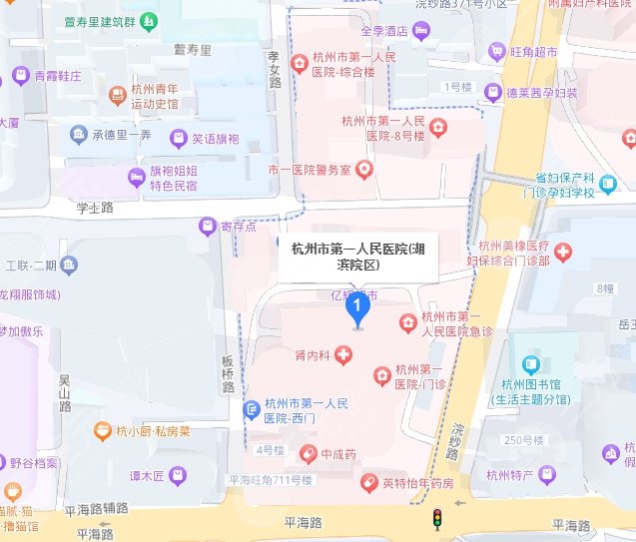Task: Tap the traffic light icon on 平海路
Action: click(435, 519)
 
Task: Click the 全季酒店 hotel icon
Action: click(422, 31)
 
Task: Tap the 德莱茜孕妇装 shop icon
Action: click(492, 92)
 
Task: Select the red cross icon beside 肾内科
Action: click(342, 353)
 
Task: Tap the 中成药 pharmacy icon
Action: click(311, 455)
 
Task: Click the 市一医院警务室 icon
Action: click(365, 170)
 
